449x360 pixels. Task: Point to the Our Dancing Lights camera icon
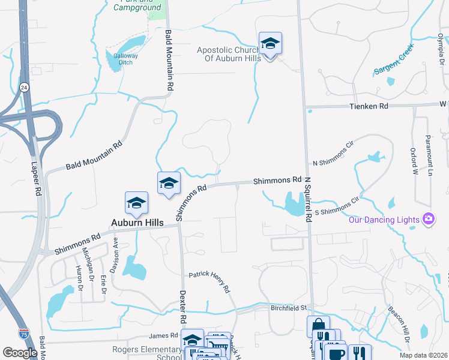[x=428, y=218]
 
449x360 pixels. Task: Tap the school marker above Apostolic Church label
[x=270, y=44]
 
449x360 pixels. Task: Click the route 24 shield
[x=23, y=87]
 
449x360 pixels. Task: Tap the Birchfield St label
[x=287, y=308]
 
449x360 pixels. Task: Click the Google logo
[x=20, y=353]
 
